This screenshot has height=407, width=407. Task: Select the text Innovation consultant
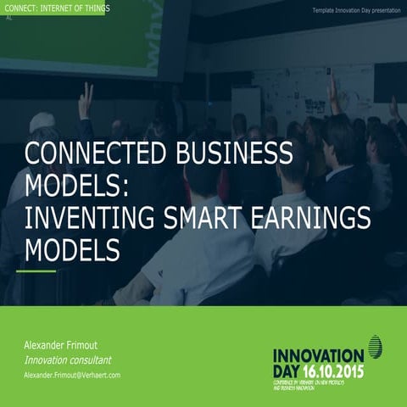point(68,360)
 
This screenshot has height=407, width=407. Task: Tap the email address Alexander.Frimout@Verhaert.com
point(72,375)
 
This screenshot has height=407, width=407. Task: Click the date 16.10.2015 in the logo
point(337,371)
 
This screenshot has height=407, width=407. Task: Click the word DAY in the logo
point(287,371)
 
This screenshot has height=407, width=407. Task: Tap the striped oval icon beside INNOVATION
point(375,346)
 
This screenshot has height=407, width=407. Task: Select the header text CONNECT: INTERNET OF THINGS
point(56,8)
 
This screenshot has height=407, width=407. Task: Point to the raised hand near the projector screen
point(85,99)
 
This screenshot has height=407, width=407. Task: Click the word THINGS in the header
point(92,8)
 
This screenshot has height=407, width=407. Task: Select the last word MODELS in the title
point(72,251)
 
